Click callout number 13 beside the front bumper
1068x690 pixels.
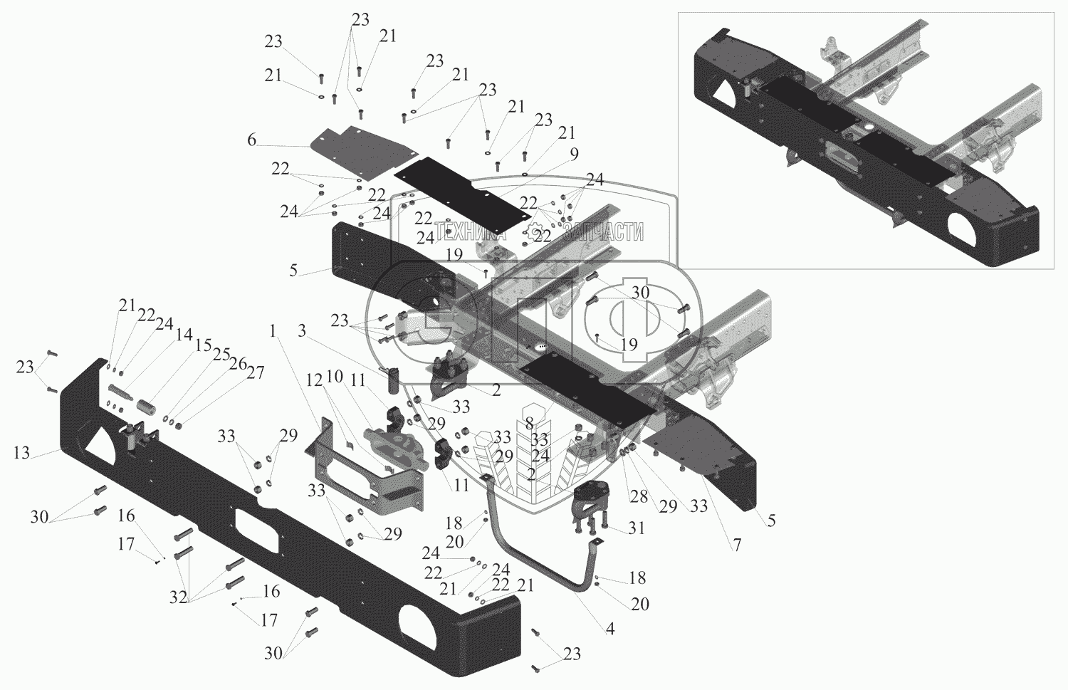(21, 452)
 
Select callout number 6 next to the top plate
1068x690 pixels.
(251, 140)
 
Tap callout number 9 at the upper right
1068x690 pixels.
(574, 155)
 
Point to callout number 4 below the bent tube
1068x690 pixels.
(610, 629)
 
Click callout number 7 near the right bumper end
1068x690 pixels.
(737, 545)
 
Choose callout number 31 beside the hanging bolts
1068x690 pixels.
(636, 528)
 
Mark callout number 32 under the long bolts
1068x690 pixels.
(178, 597)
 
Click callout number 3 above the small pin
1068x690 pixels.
(302, 331)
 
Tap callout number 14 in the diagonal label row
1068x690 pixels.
(184, 335)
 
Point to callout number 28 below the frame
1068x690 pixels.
(639, 496)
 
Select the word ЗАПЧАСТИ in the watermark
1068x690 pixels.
(602, 232)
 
